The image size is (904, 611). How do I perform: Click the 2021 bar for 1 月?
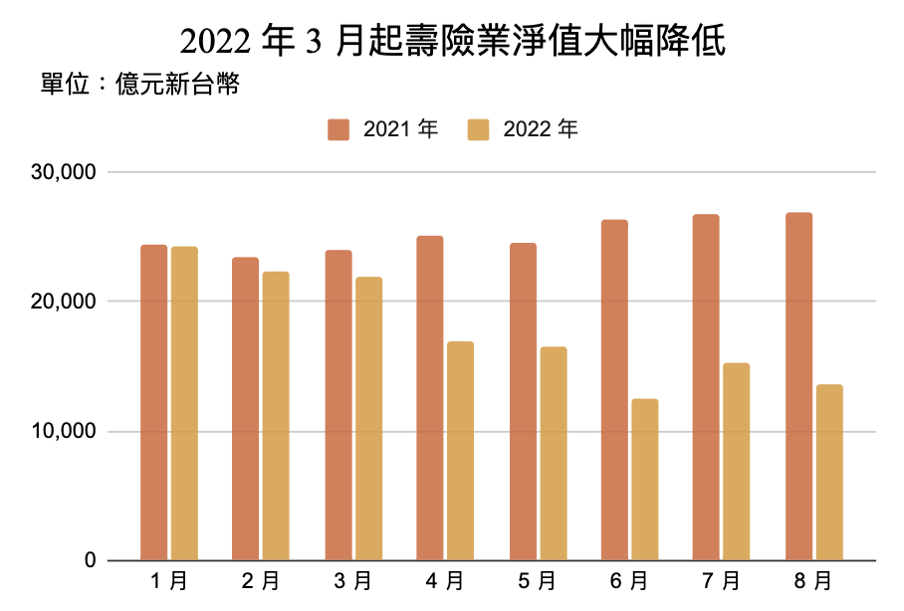(x=153, y=403)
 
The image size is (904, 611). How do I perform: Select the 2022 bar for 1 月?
(x=184, y=403)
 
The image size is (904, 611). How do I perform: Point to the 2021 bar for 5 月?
(x=523, y=402)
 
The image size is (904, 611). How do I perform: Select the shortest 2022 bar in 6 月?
(x=644, y=480)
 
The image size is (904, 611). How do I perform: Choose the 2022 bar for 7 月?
(x=736, y=462)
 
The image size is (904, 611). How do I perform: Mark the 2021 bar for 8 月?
(x=798, y=387)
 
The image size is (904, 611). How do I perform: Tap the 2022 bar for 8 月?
(x=828, y=473)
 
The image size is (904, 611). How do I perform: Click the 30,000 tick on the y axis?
(x=63, y=172)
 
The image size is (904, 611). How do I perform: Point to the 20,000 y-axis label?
(x=63, y=302)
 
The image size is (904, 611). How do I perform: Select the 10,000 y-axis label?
(x=63, y=432)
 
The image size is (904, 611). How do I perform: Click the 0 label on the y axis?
(x=90, y=561)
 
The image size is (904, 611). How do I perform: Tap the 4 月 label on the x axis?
(x=445, y=580)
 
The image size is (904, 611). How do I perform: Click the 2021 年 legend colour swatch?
(x=339, y=129)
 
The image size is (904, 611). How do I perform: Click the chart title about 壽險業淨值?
(x=452, y=42)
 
